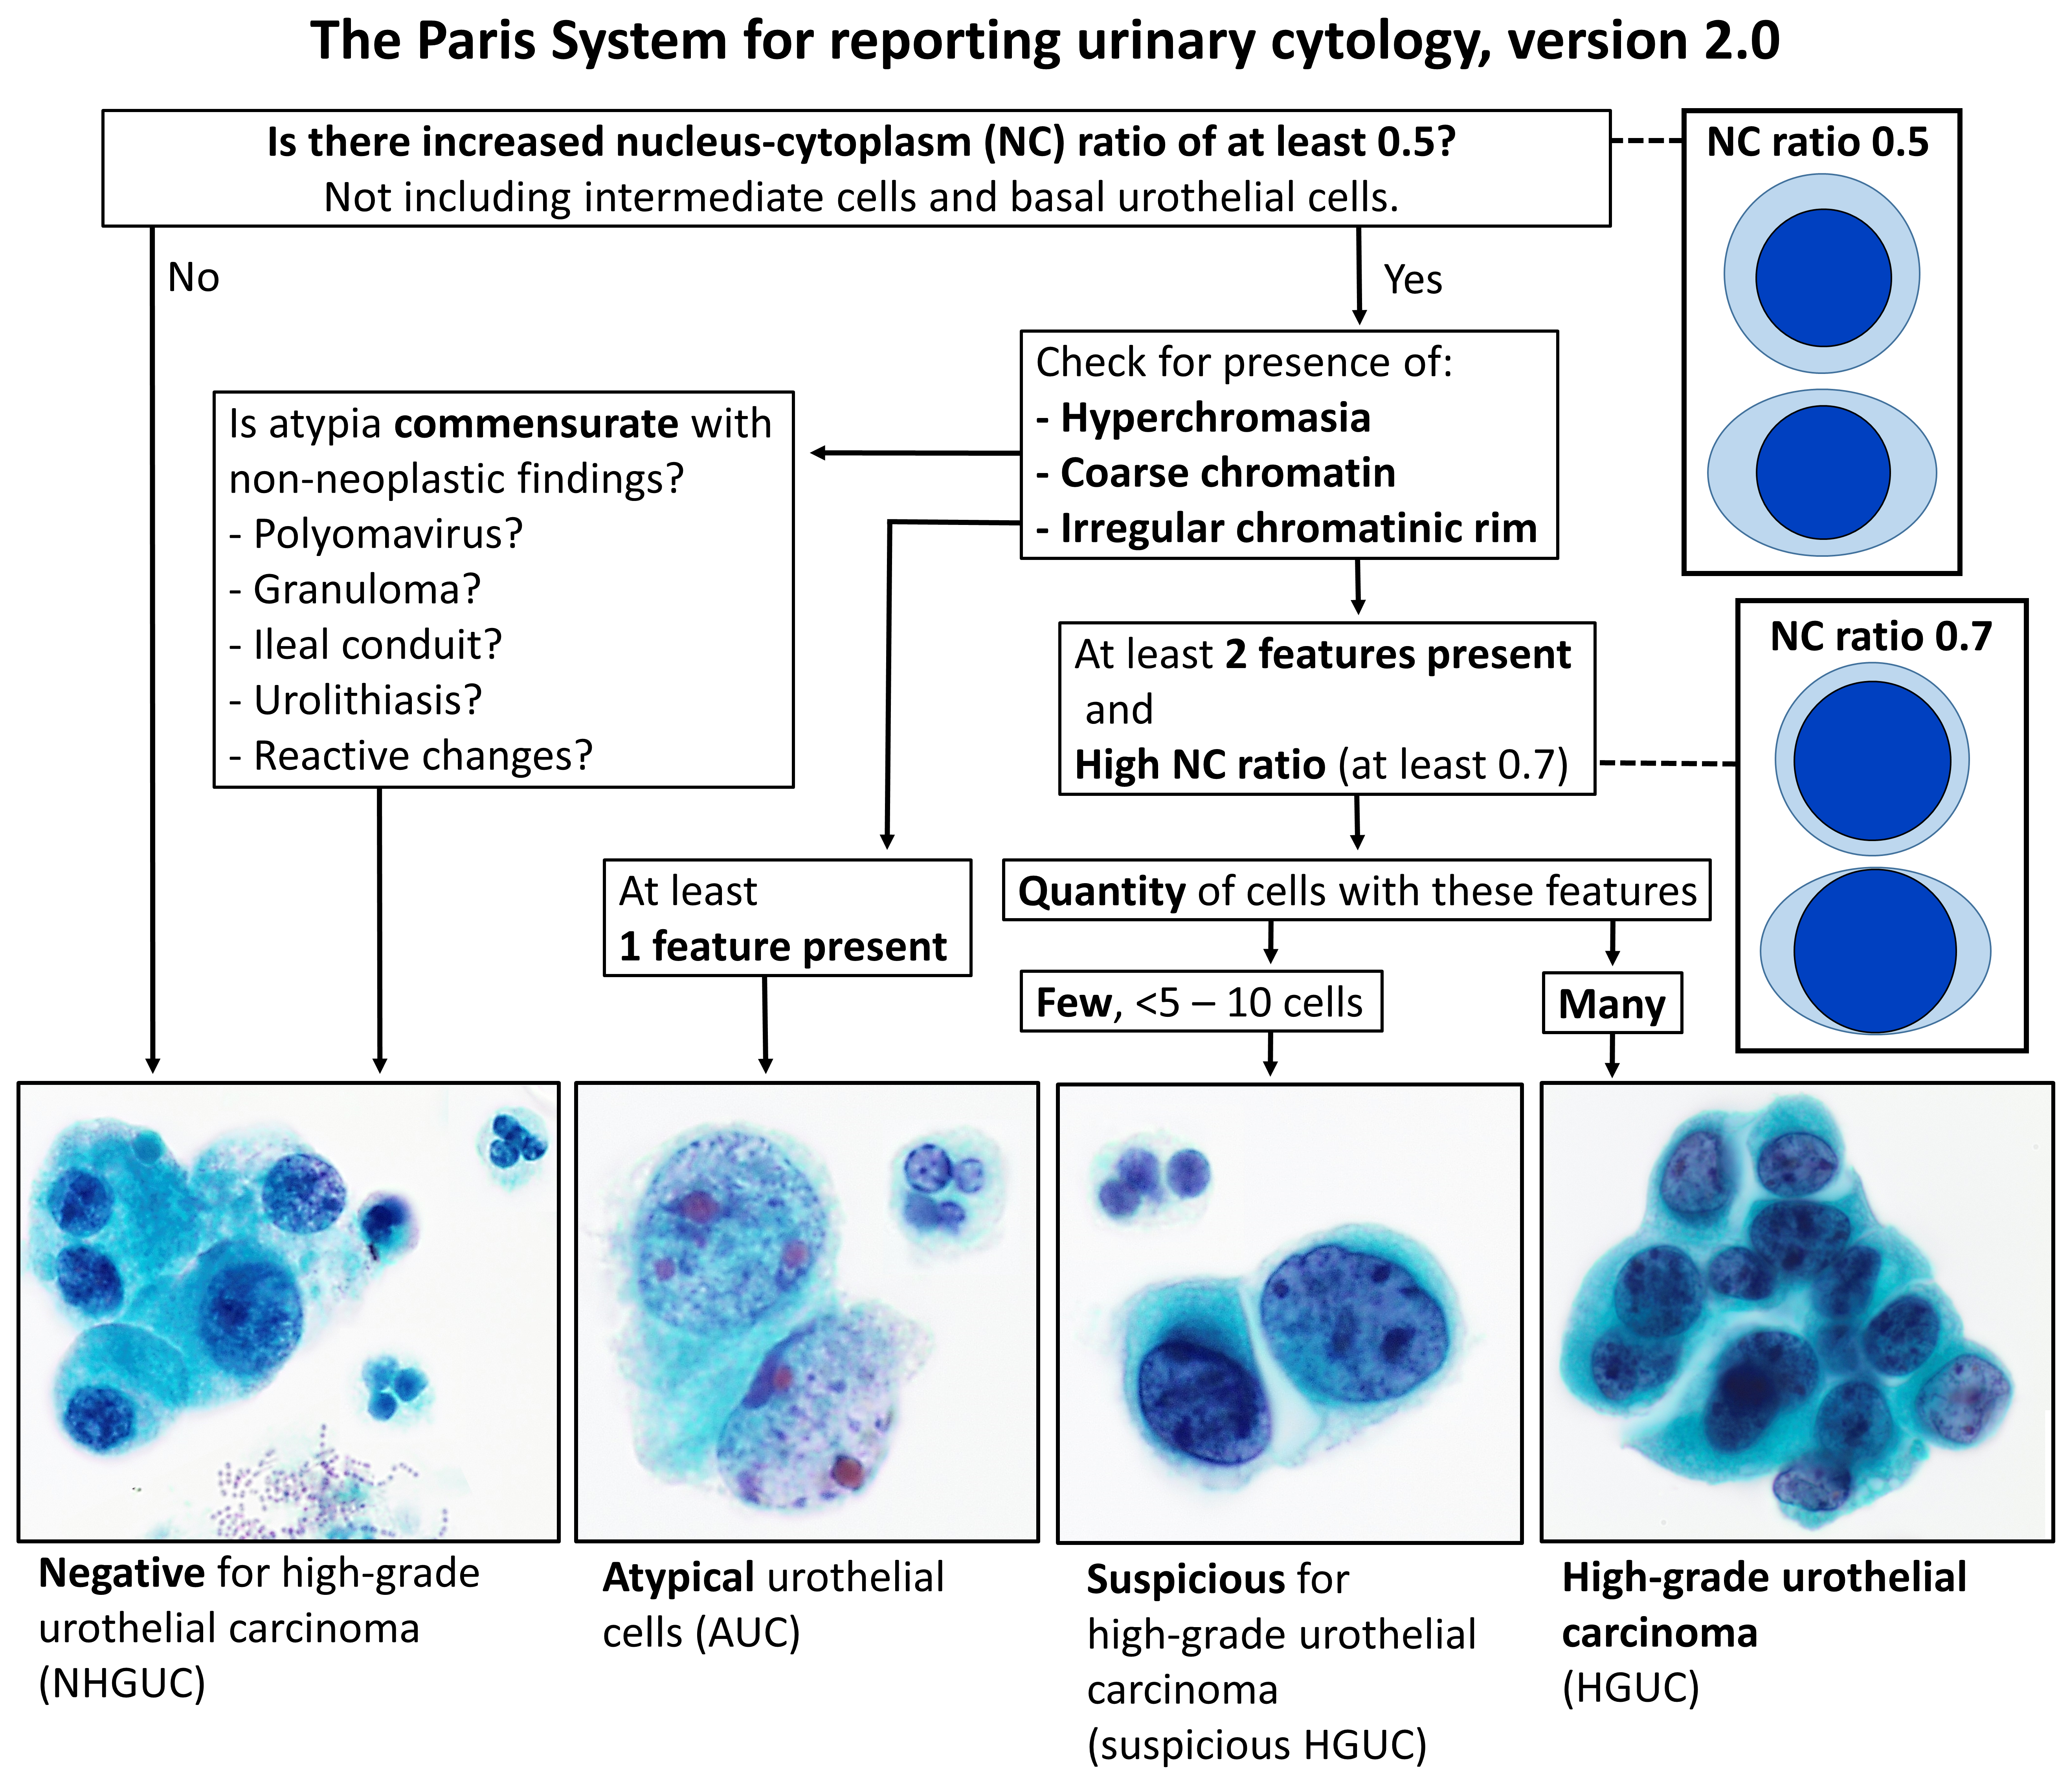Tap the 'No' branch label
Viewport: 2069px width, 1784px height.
(193, 278)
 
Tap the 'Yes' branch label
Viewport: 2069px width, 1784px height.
(1412, 280)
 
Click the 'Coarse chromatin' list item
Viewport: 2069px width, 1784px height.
(1227, 473)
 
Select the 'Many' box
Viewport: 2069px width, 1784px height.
(1612, 1003)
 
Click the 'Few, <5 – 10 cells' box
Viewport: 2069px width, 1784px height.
(1200, 1002)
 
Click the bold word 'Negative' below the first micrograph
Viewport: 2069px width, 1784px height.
(122, 1573)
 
